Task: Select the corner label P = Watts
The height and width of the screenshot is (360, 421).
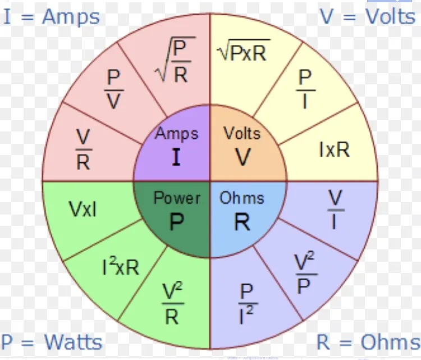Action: coord(52,341)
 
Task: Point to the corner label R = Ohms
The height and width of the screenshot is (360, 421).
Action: coord(368,341)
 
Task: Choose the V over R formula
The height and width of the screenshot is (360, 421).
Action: coord(83,149)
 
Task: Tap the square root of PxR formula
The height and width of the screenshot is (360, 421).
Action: coord(243,52)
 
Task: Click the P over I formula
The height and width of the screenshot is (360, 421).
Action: coord(305,90)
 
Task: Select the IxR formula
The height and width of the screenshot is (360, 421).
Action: coord(334,149)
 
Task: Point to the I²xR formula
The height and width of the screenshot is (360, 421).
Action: coord(120,266)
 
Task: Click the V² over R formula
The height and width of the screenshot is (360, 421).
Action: coord(172,304)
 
